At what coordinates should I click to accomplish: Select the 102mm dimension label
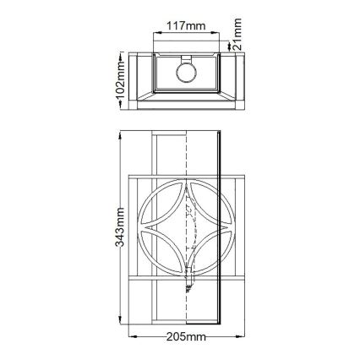120,78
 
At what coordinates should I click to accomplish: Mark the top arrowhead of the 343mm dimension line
121,134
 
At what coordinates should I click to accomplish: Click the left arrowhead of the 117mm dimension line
153,35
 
